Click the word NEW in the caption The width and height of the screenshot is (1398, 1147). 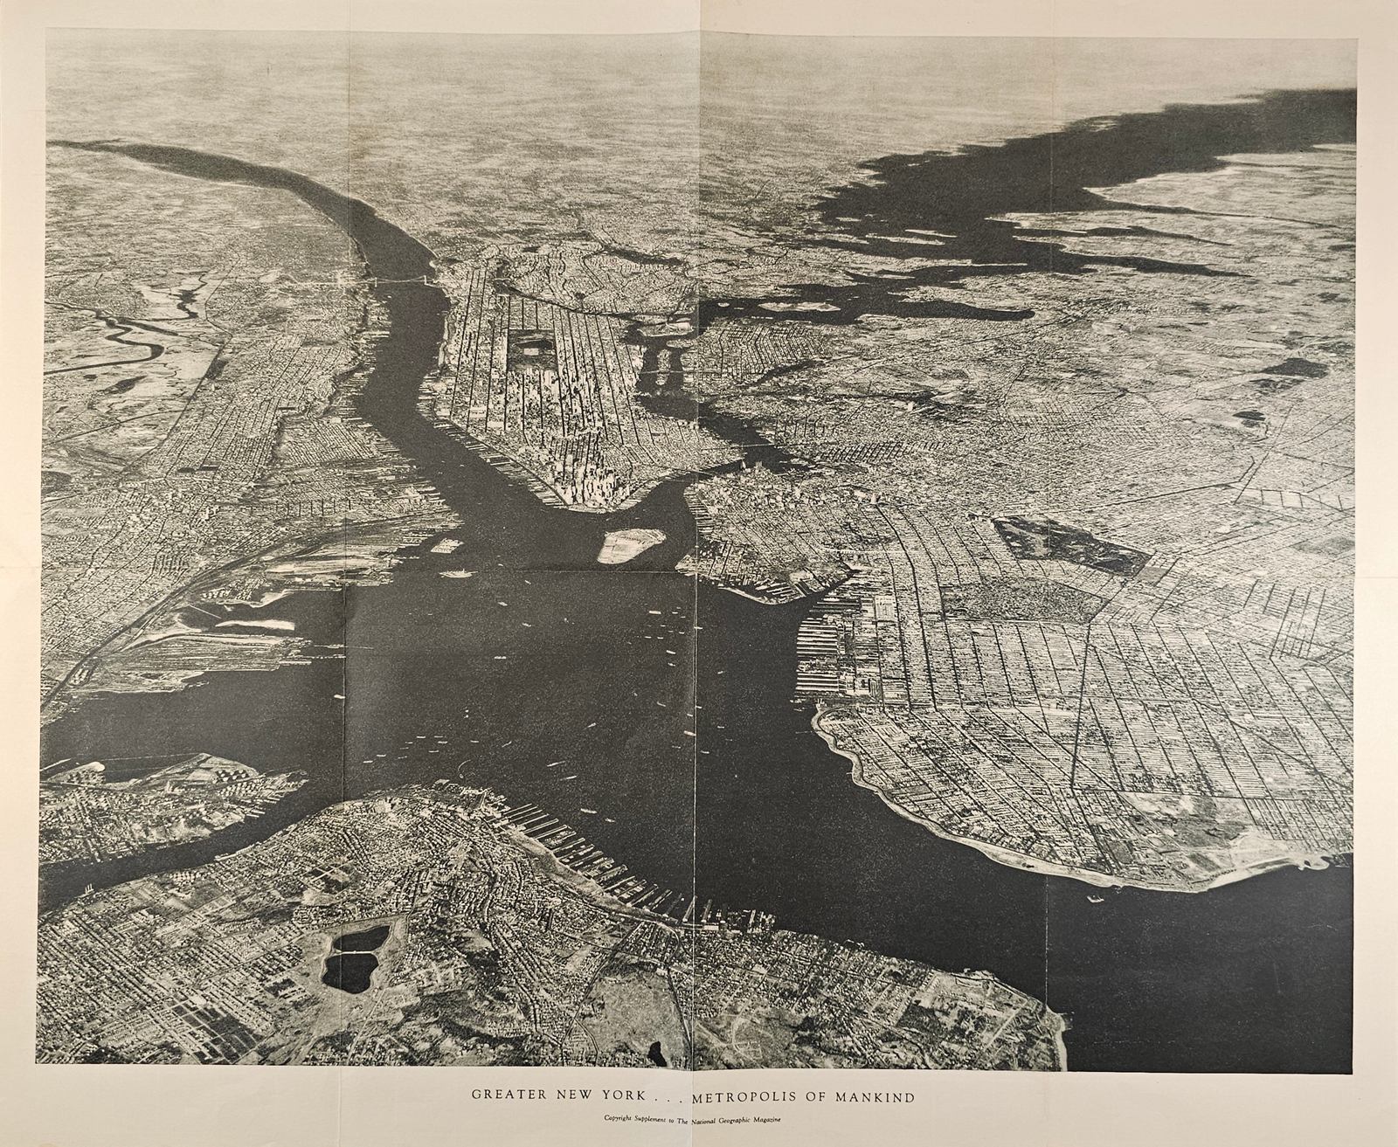577,1093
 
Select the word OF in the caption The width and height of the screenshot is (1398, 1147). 816,1093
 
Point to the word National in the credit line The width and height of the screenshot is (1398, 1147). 705,1118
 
